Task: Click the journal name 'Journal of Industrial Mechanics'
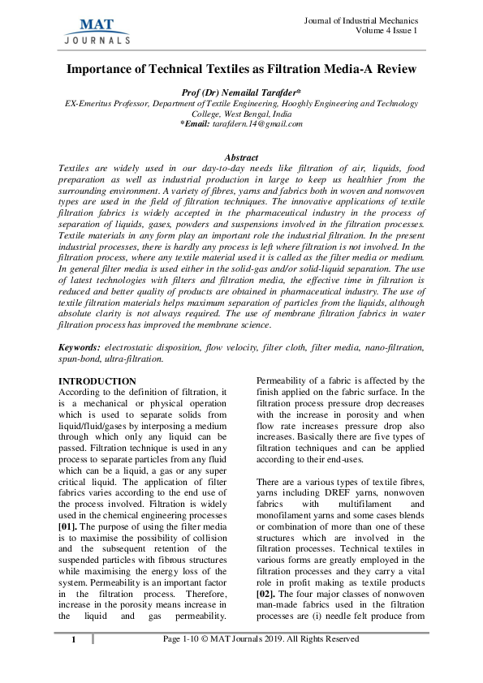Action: tap(360, 20)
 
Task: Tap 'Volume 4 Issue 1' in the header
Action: tap(386, 31)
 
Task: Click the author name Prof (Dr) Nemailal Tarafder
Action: tap(241, 93)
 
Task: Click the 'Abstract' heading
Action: tap(241, 157)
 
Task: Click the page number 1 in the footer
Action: tap(72, 641)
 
